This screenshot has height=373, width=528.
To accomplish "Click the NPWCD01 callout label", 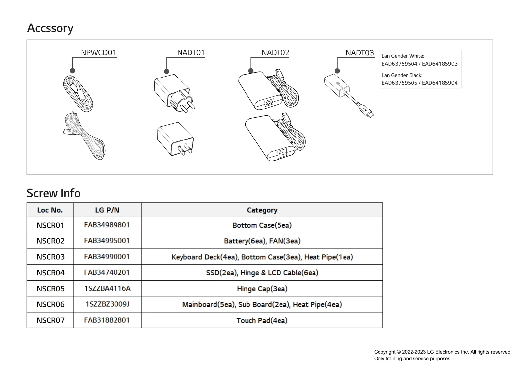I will [98, 53].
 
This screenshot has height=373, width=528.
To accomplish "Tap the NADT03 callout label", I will [359, 53].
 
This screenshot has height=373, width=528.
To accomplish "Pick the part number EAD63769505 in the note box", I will [399, 83].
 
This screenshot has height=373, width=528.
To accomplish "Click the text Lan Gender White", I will [403, 56].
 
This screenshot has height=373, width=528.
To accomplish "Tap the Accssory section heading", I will [50, 28].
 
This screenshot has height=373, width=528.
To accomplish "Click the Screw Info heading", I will [53, 193].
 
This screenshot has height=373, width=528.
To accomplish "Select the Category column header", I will [262, 210].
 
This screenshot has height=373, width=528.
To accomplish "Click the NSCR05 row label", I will [50, 289].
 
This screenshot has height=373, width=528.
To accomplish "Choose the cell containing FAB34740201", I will [107, 272].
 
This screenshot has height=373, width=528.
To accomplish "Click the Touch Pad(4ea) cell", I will [262, 320].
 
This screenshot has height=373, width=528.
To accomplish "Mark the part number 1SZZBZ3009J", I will [108, 304].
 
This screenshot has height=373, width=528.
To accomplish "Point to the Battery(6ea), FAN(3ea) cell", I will [262, 241].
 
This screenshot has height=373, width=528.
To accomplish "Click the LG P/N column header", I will [107, 210].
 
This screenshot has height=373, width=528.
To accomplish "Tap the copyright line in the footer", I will [443, 352].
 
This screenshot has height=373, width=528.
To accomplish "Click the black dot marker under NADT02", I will [251, 71].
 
